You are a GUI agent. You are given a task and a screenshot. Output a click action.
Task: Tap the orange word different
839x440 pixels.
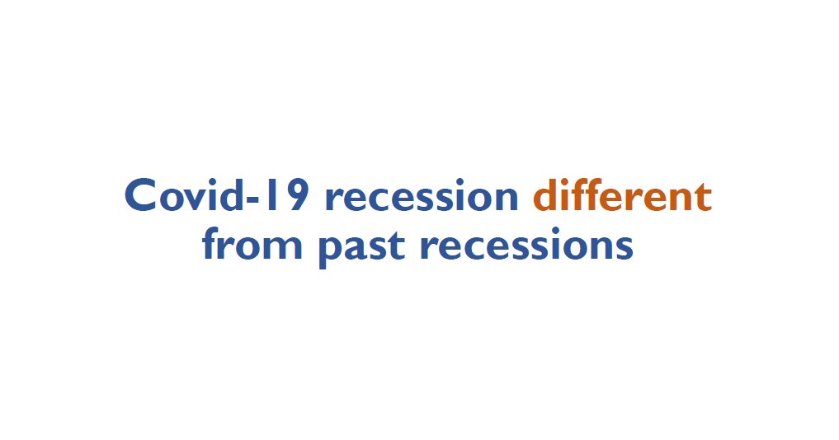[x=621, y=197]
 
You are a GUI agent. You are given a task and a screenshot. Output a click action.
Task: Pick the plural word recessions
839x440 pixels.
[x=526, y=246]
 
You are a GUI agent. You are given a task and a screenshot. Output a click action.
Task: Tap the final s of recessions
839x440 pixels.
[x=625, y=248]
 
